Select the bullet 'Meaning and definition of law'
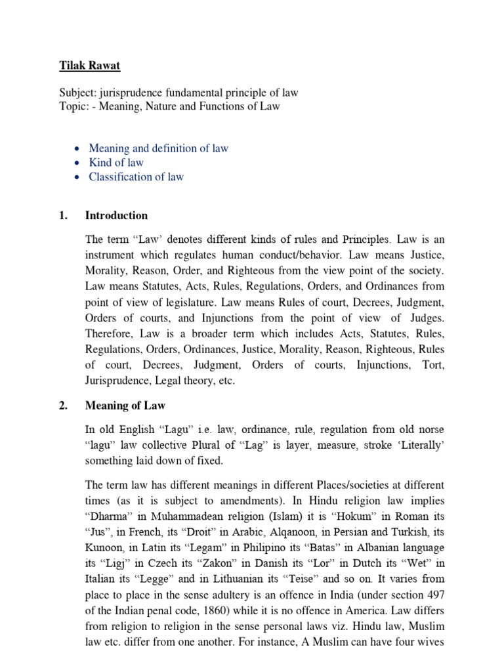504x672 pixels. click(x=159, y=148)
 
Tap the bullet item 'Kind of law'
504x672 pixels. click(x=116, y=163)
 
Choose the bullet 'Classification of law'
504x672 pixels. click(x=136, y=177)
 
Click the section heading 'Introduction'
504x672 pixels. click(x=116, y=215)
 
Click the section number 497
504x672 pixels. click(x=434, y=595)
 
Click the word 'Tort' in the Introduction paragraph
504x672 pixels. click(x=432, y=365)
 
